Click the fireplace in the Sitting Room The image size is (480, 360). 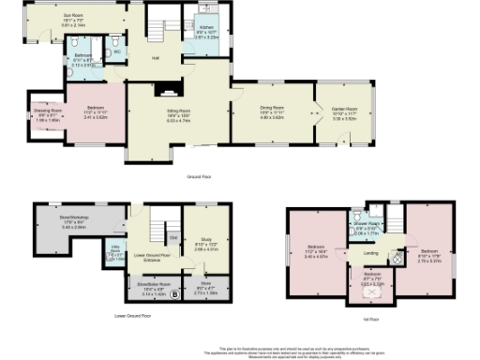pyautogui.click(x=166, y=92)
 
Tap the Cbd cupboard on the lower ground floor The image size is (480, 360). pyautogui.click(x=174, y=237)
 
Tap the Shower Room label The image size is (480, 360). pyautogui.click(x=367, y=224)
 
